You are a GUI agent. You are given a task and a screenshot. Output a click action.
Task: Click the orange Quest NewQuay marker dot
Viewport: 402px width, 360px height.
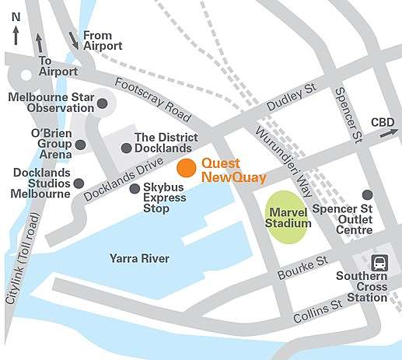186,168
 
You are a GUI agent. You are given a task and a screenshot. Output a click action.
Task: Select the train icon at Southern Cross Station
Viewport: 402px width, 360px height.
379,262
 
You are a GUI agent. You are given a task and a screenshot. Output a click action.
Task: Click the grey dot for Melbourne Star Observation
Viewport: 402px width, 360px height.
103,103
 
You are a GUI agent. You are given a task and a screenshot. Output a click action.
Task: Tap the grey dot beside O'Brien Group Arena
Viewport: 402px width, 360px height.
80,145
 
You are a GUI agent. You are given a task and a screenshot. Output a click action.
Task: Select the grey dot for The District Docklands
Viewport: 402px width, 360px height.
126,148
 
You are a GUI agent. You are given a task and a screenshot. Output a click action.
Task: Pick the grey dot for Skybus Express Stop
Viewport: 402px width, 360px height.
135,188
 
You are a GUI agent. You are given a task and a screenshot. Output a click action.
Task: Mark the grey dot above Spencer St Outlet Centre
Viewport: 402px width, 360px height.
367,194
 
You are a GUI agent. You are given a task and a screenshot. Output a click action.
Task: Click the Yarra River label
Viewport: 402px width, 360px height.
139,258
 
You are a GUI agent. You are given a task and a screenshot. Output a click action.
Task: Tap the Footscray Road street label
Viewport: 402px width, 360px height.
152,100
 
